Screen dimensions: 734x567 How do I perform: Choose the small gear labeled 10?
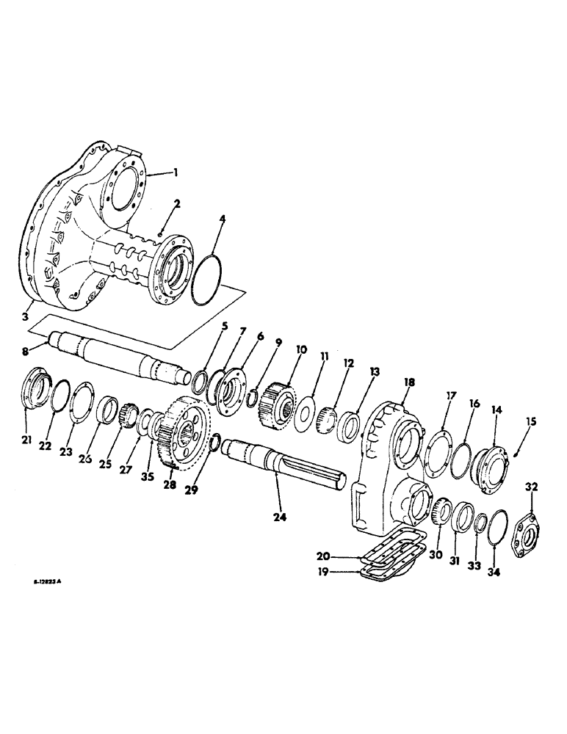(275, 401)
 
